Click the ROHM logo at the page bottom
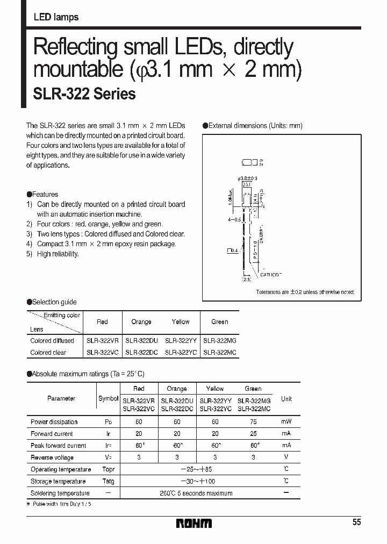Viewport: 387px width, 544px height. (x=194, y=523)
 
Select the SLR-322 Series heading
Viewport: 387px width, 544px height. (x=84, y=94)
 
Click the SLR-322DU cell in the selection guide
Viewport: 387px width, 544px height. (x=141, y=341)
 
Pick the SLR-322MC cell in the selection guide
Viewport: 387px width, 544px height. (x=219, y=353)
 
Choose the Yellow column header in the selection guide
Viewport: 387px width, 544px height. (x=181, y=322)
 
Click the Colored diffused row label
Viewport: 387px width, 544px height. (x=52, y=341)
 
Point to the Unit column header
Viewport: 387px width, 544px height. (x=286, y=399)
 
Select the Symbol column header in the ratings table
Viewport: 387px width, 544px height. (x=109, y=399)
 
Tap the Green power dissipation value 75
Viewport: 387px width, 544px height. (x=253, y=422)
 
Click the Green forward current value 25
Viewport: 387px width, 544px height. (x=253, y=434)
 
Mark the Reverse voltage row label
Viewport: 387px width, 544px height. (x=52, y=457)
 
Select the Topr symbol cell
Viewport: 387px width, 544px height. (x=109, y=469)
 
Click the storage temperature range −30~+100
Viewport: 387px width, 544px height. (x=196, y=481)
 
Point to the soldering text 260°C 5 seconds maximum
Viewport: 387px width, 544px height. (x=196, y=493)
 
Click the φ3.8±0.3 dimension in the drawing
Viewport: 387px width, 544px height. (x=247, y=178)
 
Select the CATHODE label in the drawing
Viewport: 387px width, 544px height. (x=271, y=275)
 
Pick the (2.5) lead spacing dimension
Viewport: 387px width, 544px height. (x=247, y=280)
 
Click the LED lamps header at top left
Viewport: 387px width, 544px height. (x=56, y=17)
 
